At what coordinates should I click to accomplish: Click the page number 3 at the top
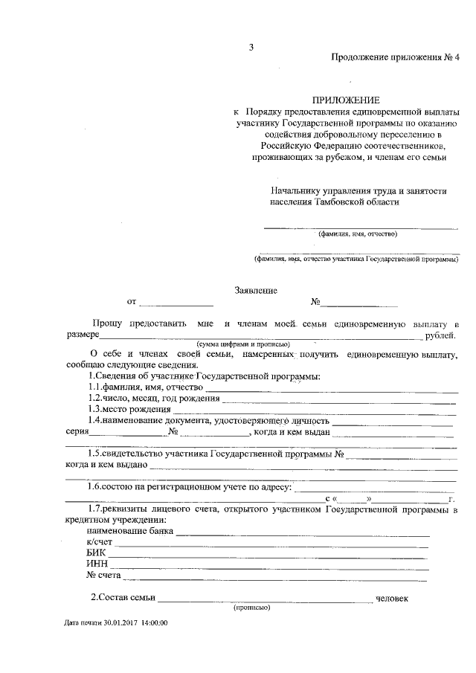(251, 48)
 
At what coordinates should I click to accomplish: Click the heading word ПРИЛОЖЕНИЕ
(346, 100)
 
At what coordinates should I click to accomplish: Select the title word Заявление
(256, 290)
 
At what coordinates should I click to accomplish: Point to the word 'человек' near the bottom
(392, 599)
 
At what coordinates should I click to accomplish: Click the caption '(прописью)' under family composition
(251, 608)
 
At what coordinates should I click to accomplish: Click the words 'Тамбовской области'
(357, 202)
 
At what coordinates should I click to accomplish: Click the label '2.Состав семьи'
(123, 599)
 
